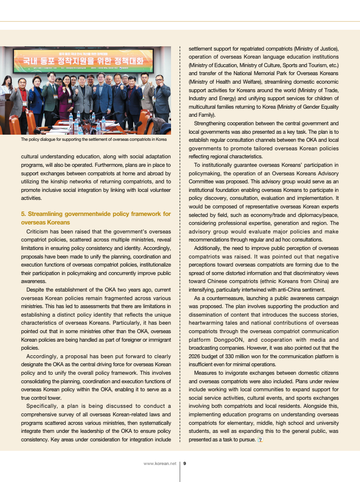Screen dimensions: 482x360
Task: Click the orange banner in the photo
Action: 85,61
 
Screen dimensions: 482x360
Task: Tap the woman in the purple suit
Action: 66,97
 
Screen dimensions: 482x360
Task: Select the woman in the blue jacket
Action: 36,97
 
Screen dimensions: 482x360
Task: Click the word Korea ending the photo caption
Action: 160,139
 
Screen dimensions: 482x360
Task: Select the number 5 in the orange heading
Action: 23,214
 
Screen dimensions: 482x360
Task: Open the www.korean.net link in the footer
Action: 160,464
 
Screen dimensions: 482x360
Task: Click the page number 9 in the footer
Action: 185,464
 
